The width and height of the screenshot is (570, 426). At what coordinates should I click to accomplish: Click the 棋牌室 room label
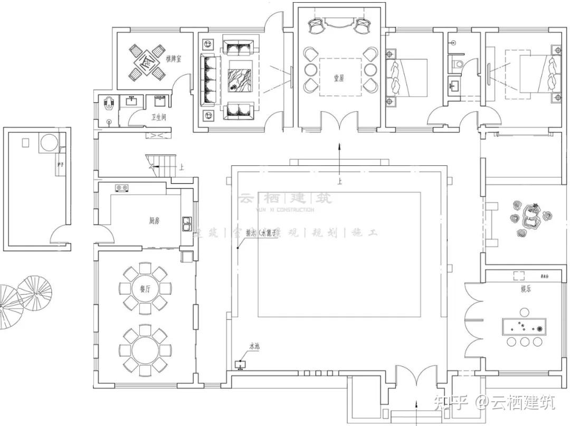point(173,59)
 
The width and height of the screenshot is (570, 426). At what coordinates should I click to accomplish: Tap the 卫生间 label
point(159,117)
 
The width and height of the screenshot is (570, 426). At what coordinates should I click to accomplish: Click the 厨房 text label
point(154,221)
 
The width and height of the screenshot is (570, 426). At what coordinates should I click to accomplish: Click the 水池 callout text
point(254,347)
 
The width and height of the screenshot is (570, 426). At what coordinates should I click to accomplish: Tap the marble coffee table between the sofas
point(240,80)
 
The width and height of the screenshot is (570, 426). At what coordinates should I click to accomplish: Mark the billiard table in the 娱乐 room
point(525,327)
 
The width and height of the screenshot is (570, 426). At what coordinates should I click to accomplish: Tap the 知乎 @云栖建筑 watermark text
point(494,404)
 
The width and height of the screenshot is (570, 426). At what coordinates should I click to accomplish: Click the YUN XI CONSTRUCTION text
point(285,210)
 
